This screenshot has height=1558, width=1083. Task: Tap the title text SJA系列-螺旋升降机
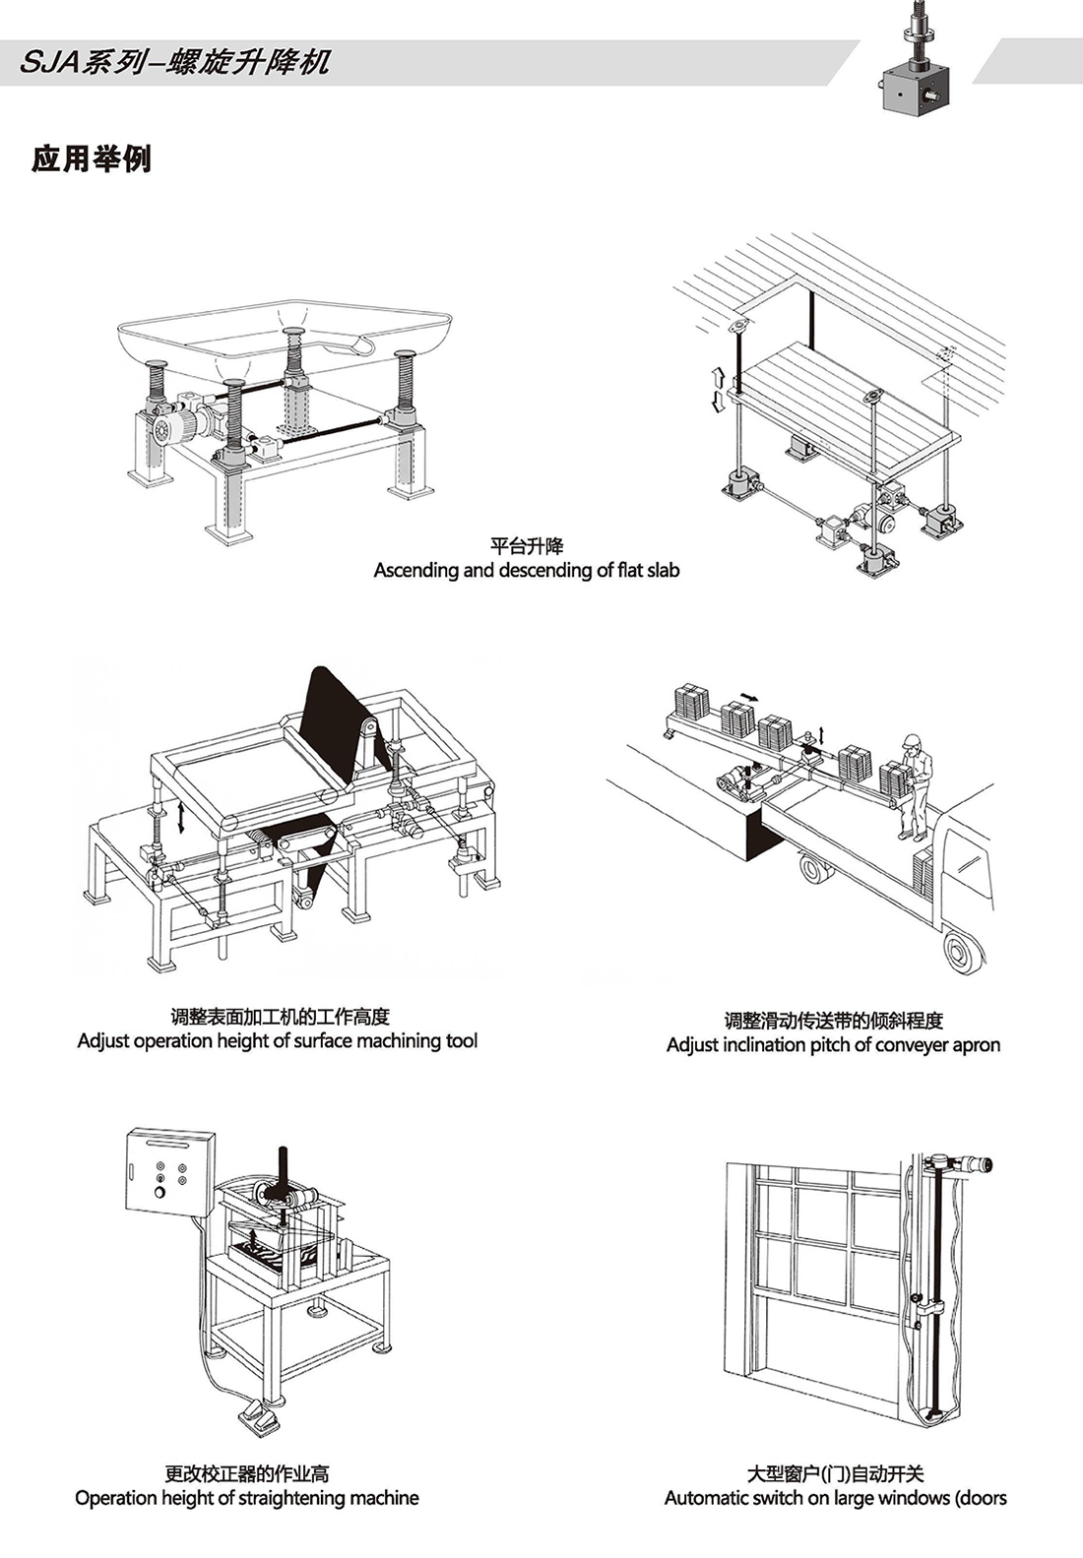[175, 63]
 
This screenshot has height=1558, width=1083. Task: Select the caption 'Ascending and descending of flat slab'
[526, 570]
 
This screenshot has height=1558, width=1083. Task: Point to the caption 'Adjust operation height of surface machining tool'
[278, 1040]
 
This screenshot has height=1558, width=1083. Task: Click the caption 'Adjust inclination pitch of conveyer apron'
[833, 1044]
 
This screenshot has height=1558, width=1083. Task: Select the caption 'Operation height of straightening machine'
[246, 1498]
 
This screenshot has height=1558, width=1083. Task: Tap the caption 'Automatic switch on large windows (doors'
[835, 1498]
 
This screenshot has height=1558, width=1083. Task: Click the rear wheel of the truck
[962, 951]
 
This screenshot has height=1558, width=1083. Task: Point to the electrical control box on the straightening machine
[169, 1171]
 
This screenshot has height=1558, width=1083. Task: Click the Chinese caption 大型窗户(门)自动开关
[835, 1473]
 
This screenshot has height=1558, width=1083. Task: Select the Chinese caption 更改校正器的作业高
[246, 1473]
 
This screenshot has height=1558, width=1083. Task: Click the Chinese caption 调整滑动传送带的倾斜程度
[833, 1021]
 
